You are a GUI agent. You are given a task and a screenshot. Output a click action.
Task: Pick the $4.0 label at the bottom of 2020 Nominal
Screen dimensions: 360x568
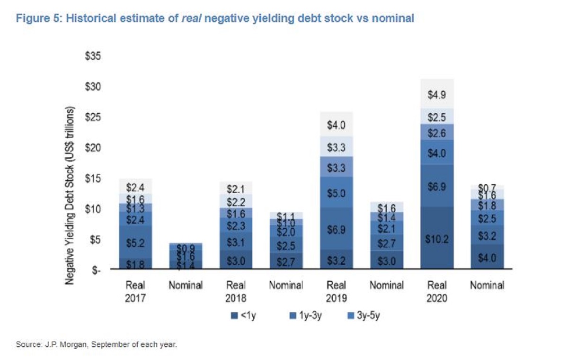click(486, 258)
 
